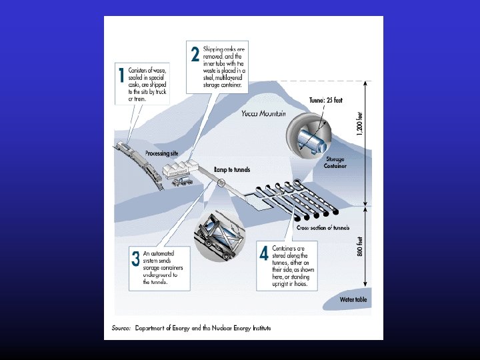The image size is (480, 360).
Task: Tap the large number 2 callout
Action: click(x=195, y=54)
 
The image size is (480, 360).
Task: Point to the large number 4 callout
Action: click(x=265, y=254)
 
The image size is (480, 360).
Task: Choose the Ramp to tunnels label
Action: click(x=231, y=170)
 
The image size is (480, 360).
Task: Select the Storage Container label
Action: click(x=335, y=163)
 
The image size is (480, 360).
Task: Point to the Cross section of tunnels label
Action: click(x=323, y=228)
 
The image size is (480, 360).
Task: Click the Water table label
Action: click(x=353, y=299)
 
